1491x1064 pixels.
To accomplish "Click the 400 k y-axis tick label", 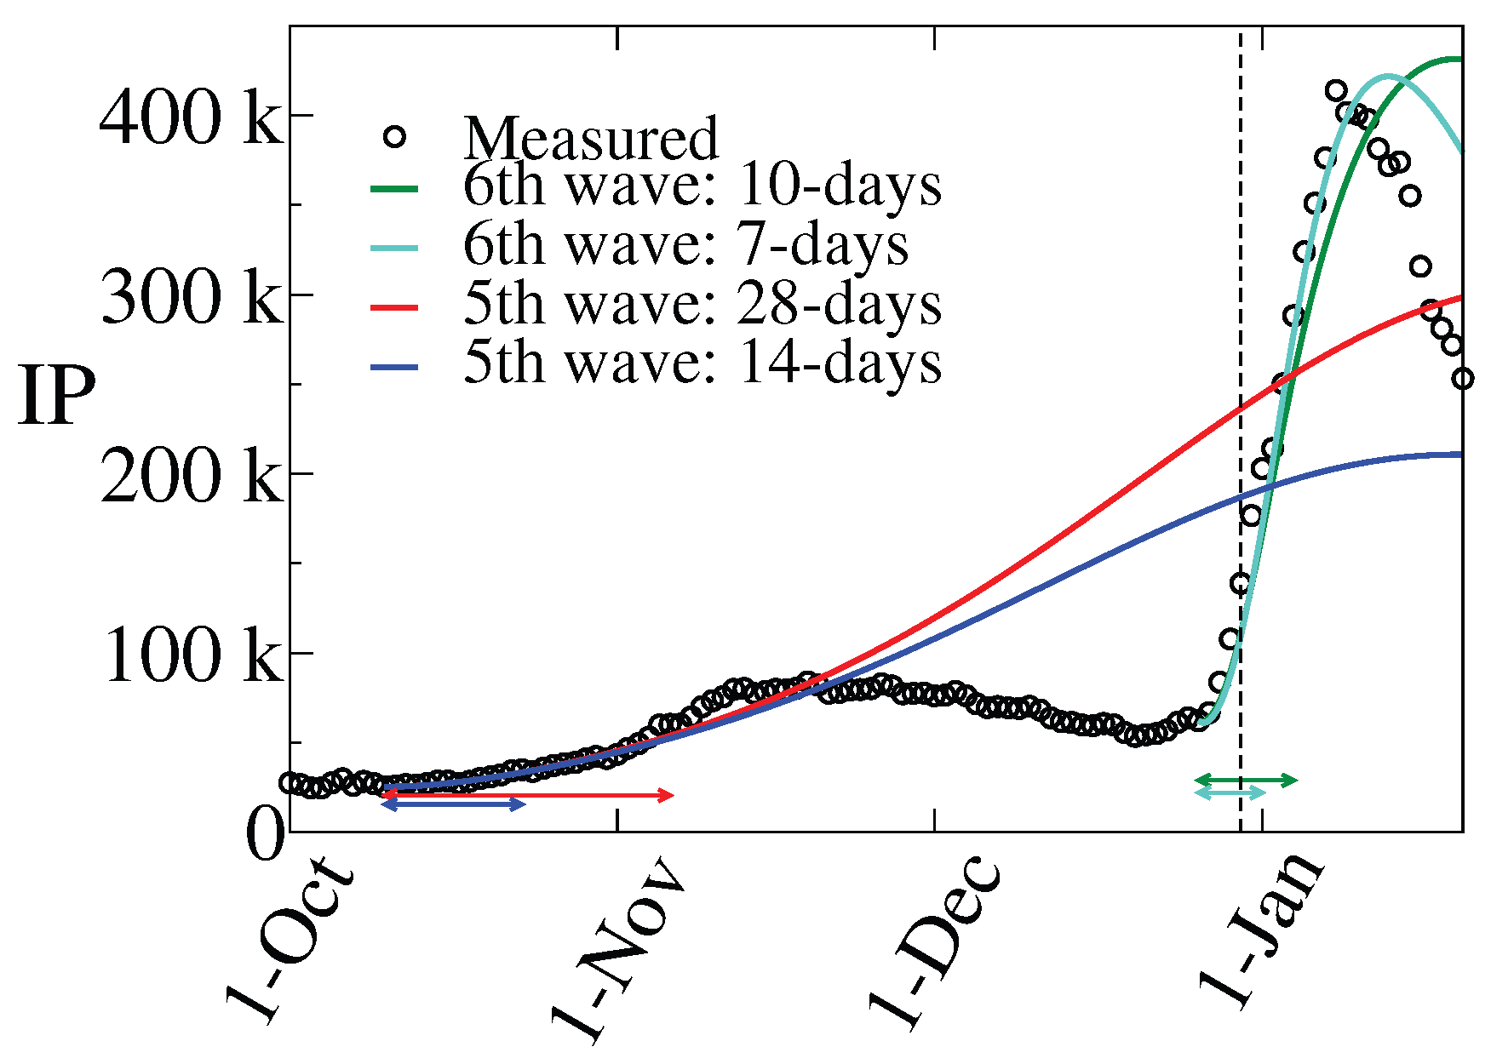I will (189, 118).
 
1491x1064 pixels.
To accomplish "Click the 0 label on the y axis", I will (265, 834).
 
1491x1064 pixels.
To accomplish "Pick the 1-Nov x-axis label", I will (616, 949).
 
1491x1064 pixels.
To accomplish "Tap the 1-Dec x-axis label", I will (934, 945).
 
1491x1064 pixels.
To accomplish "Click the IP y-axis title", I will (56, 398).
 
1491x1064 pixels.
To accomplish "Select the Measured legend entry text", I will (591, 138).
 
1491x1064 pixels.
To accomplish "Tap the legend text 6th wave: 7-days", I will (685, 244).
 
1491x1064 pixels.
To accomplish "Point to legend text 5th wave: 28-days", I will (702, 304).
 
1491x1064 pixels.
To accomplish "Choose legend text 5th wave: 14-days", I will (702, 363).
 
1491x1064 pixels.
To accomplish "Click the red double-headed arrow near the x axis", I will (528, 795).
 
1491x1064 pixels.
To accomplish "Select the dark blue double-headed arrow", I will (454, 804).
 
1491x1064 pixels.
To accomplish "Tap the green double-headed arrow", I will (1246, 780).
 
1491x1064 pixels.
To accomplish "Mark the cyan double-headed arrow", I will (1230, 792).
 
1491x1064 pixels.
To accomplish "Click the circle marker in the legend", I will (394, 136).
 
